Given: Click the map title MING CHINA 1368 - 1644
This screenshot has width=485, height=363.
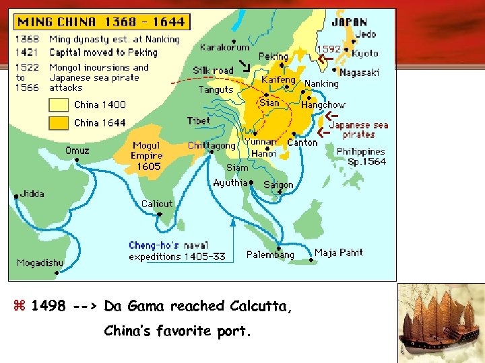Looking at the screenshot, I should [x=100, y=22].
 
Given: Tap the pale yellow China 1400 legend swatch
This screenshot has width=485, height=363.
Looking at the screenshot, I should [x=58, y=105].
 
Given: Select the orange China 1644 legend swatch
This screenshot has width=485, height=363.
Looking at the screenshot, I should [x=58, y=123].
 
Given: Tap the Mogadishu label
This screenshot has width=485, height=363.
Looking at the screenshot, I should [x=41, y=262].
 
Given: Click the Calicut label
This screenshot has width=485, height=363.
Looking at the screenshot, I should [x=157, y=204].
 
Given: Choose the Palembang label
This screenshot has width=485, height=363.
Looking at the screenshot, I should [x=270, y=255].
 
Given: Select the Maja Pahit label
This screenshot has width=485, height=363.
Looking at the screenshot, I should [x=339, y=253].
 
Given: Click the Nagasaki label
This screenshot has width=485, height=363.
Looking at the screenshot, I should [x=359, y=73].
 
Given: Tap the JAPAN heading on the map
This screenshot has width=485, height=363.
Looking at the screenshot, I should [x=349, y=22].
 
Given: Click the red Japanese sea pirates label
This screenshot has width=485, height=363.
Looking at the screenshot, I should [x=358, y=129].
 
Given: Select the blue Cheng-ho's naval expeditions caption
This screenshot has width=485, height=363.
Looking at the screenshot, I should [x=177, y=251].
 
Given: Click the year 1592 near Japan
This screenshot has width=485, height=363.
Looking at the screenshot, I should [x=329, y=49].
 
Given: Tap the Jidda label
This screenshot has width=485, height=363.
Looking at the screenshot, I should [x=32, y=194].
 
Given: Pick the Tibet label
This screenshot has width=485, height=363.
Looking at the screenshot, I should [x=198, y=121].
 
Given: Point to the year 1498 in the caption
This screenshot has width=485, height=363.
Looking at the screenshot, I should [x=48, y=307].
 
